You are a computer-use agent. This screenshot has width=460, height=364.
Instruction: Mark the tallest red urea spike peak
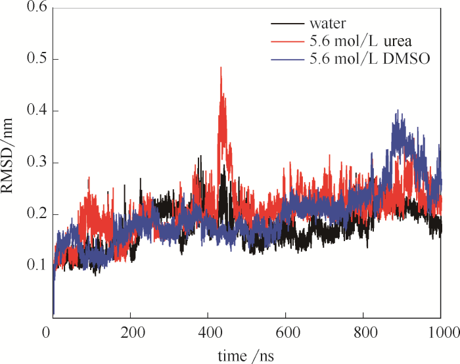tap(221, 68)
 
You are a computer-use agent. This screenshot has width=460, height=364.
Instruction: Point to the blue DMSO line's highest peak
tap(396, 111)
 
